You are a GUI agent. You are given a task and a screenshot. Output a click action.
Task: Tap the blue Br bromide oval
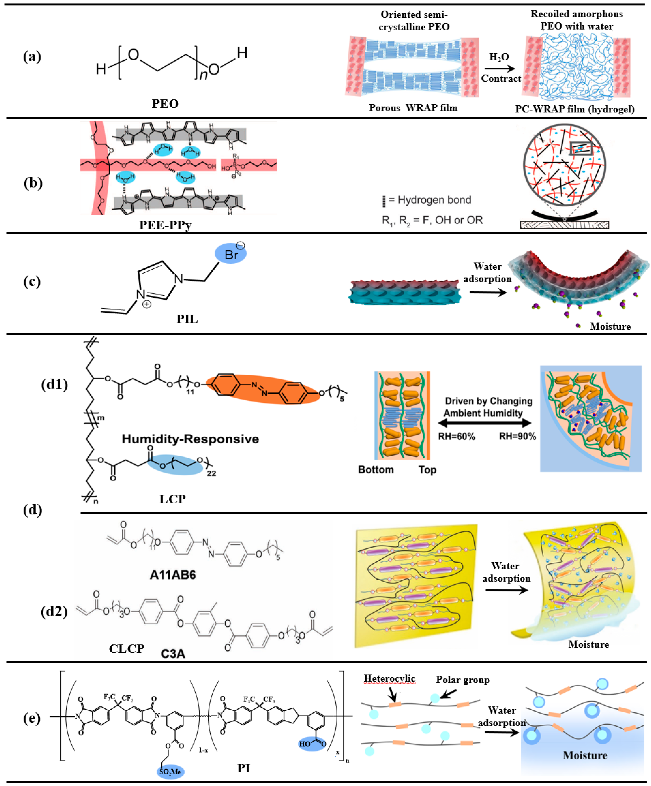pyautogui.click(x=230, y=254)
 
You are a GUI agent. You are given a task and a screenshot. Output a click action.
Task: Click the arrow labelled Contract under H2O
pyautogui.click(x=499, y=69)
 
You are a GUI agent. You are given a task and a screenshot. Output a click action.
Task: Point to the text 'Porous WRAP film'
pyautogui.click(x=413, y=108)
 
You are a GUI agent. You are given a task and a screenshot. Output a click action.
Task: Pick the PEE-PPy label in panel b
pyautogui.click(x=165, y=225)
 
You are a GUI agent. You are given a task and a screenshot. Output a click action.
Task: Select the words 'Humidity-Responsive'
pyautogui.click(x=190, y=439)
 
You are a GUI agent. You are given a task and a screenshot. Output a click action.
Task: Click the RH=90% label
pyautogui.click(x=517, y=437)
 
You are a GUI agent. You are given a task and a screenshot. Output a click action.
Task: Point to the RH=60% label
pyautogui.click(x=456, y=437)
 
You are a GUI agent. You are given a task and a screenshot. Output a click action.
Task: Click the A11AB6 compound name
pyautogui.click(x=173, y=575)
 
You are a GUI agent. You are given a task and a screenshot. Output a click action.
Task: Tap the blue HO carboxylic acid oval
pyautogui.click(x=312, y=743)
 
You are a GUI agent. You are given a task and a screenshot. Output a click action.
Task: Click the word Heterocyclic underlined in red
pyautogui.click(x=389, y=678)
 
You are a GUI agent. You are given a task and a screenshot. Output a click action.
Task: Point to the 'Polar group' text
pyautogui.click(x=462, y=680)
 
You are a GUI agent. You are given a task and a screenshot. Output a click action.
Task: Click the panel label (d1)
pyautogui.click(x=54, y=384)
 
